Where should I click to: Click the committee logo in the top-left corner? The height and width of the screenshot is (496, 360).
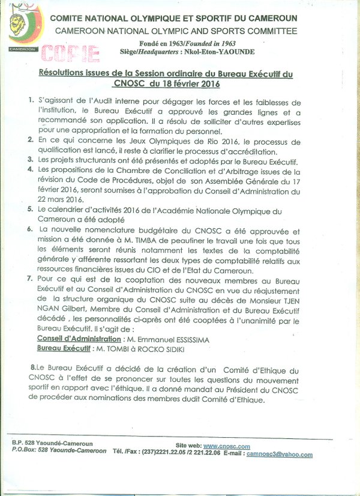click(x=23, y=30)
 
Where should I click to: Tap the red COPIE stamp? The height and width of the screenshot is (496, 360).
click(x=70, y=53)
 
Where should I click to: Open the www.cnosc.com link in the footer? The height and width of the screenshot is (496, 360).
click(x=227, y=446)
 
